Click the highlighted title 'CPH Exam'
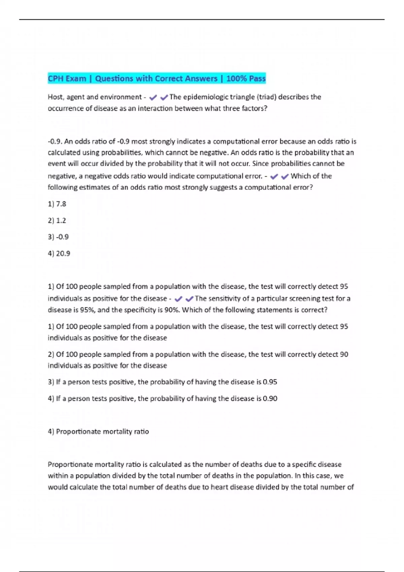pos(67,78)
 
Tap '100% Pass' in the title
pos(246,78)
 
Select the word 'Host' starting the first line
pos(56,97)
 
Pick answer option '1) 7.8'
pos(57,204)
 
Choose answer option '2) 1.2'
pos(57,220)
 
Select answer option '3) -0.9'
pos(58,237)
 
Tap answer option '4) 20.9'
pos(59,253)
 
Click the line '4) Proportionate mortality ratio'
pos(98,431)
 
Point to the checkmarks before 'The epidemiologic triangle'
pos(159,98)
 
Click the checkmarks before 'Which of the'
pos(280,176)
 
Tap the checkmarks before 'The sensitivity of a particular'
pos(184,299)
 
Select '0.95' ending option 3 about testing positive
pos(270,382)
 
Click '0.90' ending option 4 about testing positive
pos(270,398)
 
